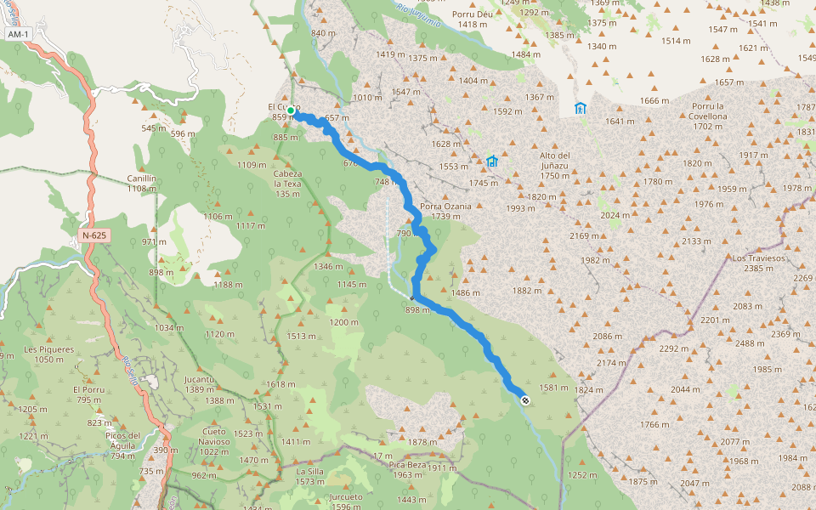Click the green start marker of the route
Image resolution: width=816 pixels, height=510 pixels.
[291, 110]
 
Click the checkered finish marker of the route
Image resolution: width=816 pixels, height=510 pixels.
[525, 400]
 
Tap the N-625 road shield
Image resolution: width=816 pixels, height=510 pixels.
[95, 234]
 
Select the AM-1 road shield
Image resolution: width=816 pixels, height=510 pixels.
[17, 34]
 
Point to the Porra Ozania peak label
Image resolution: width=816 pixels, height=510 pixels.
[445, 206]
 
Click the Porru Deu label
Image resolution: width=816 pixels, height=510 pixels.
[473, 14]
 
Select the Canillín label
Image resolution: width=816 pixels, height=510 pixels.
[141, 178]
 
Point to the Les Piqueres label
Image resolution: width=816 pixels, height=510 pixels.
[49, 349]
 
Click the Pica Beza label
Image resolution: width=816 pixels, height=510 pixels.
[407, 465]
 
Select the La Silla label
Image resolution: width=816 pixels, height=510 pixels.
[310, 471]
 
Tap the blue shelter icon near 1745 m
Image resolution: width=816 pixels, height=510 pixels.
[491, 161]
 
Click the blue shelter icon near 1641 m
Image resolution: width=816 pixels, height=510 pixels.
[581, 108]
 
